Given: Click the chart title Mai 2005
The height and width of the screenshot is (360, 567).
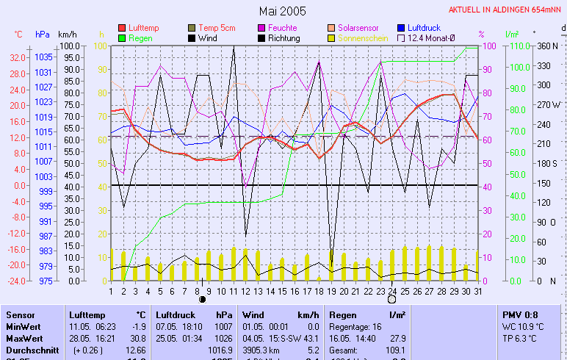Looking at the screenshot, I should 283,12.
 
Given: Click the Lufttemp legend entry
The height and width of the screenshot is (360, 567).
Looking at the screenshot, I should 142,27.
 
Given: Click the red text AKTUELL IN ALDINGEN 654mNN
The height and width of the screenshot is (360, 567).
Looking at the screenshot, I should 506,10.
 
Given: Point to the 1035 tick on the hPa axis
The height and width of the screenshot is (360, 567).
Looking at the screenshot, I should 43,57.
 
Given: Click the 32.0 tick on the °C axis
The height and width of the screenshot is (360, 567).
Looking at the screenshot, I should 18,57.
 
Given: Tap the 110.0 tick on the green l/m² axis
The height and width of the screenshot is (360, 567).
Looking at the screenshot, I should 519,46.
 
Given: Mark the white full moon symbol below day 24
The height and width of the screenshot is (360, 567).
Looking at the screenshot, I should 391,299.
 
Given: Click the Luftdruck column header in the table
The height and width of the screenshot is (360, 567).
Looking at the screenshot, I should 176,314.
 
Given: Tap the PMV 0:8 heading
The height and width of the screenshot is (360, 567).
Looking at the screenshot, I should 518,314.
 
